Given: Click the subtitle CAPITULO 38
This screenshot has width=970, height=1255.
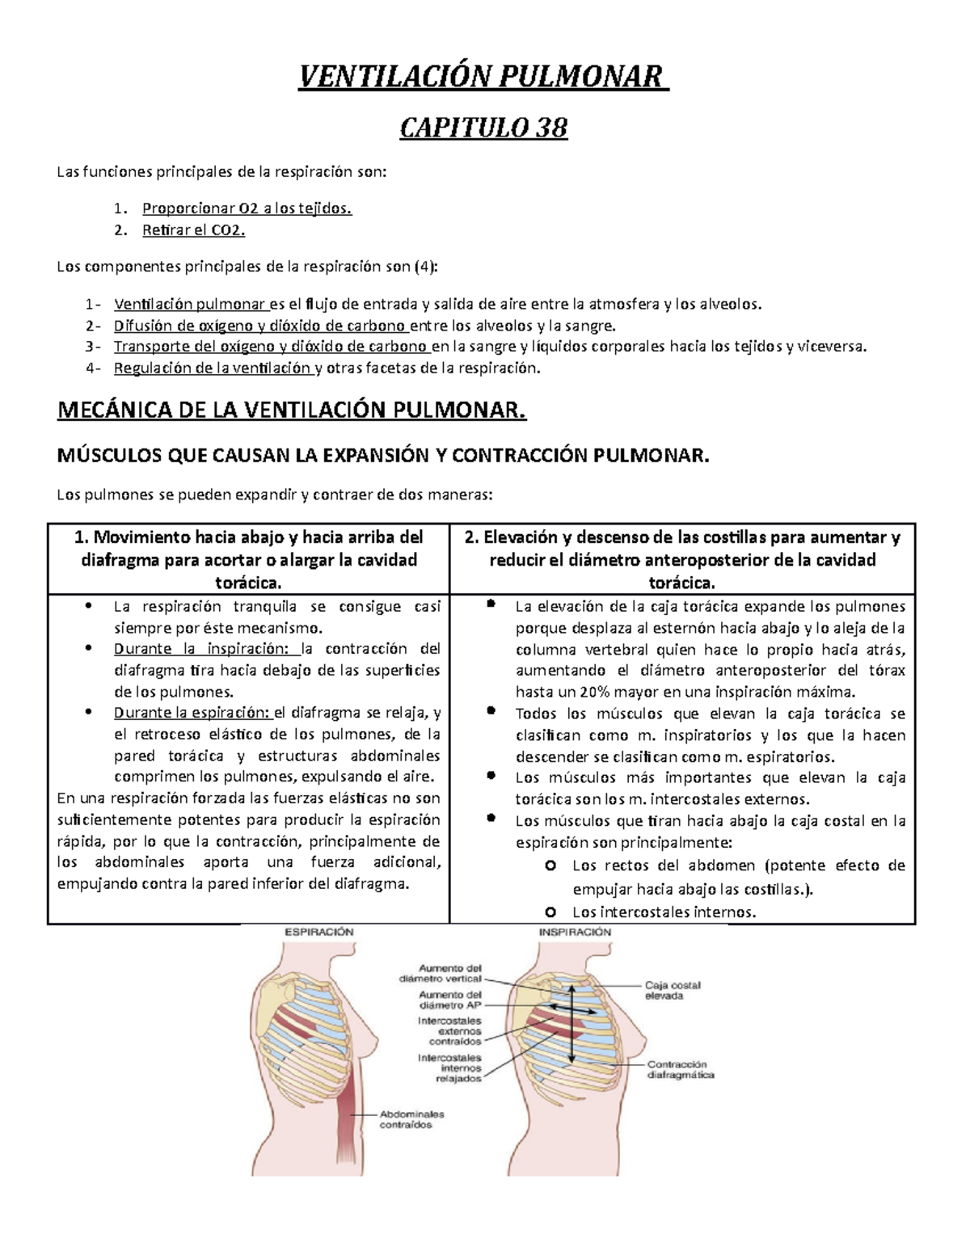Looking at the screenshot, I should tap(483, 128).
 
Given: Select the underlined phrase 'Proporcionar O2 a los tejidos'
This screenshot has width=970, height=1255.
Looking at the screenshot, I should tap(247, 208).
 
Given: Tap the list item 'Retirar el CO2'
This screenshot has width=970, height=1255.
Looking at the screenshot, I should tap(193, 230).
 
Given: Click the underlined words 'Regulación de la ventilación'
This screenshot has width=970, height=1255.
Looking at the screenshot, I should tap(213, 368).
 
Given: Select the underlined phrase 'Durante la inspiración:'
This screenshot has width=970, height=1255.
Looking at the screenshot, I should tap(206, 649).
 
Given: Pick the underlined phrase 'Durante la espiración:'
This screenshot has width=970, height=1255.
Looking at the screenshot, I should tap(192, 713).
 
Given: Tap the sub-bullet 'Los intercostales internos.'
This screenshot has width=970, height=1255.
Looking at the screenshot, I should tap(664, 912).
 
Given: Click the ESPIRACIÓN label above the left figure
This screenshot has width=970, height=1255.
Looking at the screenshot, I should tap(318, 932).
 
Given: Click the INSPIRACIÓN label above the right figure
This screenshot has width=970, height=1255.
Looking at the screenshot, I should tap(575, 932).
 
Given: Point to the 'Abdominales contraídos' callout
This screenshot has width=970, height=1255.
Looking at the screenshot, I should tap(412, 1119).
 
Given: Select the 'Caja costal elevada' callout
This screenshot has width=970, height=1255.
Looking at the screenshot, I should tap(672, 991).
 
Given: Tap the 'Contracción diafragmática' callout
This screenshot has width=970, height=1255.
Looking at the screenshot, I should tap(680, 1070).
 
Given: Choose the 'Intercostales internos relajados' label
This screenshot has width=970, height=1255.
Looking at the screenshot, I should tap(449, 1068).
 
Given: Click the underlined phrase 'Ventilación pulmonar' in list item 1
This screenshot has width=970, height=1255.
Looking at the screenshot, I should tap(191, 305).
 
